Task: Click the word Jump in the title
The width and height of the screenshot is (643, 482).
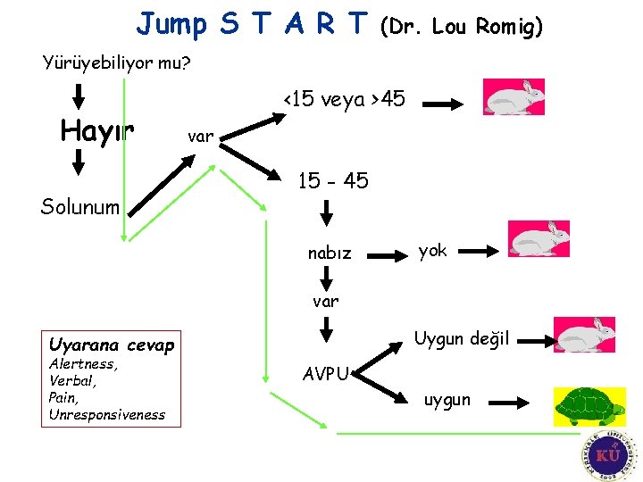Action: tap(171, 24)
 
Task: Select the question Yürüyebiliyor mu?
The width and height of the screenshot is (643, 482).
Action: tap(117, 63)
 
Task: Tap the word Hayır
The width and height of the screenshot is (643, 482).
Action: tap(96, 131)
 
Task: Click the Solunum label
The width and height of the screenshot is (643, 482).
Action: tap(80, 207)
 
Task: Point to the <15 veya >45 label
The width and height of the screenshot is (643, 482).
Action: tap(344, 99)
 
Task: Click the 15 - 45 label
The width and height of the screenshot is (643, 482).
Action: tap(332, 181)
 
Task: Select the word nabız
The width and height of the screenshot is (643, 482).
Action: tap(330, 253)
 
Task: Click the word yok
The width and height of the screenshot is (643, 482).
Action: tap(432, 251)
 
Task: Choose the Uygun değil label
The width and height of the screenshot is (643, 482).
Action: tap(462, 338)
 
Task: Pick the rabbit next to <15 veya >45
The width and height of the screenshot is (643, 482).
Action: tap(513, 96)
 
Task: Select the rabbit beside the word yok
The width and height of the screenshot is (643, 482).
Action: tap(538, 238)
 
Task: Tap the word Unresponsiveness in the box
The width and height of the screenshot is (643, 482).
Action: tap(107, 414)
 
